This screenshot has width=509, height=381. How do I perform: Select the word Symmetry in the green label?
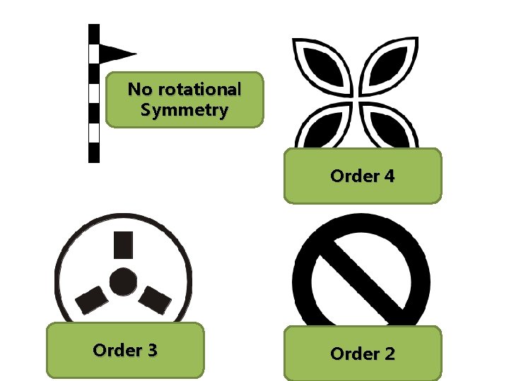click(x=184, y=111)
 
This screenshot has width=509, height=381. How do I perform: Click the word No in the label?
click(x=139, y=90)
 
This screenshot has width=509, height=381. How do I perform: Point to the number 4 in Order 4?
click(x=388, y=176)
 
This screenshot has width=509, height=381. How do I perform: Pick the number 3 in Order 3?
click(x=151, y=350)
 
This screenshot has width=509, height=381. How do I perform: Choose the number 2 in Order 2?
click(x=388, y=353)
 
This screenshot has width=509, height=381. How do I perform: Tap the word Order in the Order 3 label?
click(x=115, y=350)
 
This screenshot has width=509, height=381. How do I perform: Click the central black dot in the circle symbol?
click(x=123, y=281)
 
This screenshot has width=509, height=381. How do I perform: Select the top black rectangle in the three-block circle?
click(x=123, y=244)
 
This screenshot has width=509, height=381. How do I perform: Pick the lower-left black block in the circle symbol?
click(x=91, y=300)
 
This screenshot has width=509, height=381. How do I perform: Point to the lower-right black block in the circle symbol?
click(x=156, y=300)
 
